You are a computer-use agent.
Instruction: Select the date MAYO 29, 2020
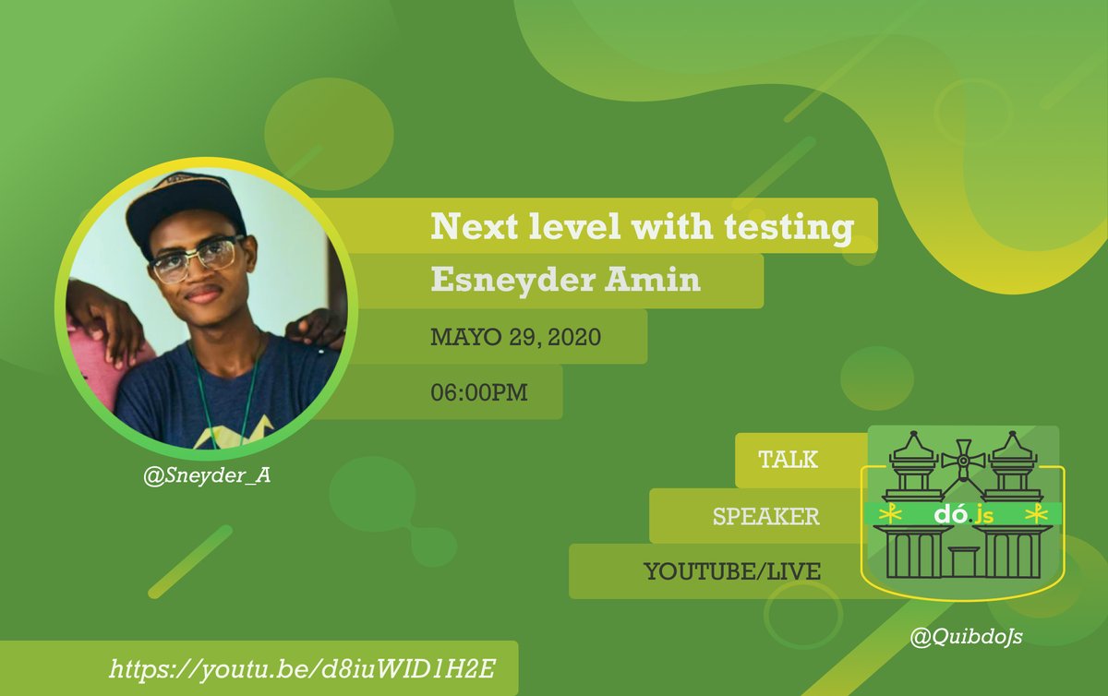click(516, 337)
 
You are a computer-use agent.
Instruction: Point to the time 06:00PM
click(479, 392)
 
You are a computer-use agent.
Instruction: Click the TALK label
click(788, 460)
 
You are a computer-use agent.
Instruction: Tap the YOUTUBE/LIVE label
click(732, 571)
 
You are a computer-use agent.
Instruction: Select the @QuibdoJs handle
click(957, 636)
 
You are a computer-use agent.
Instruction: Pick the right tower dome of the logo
click(1013, 452)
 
